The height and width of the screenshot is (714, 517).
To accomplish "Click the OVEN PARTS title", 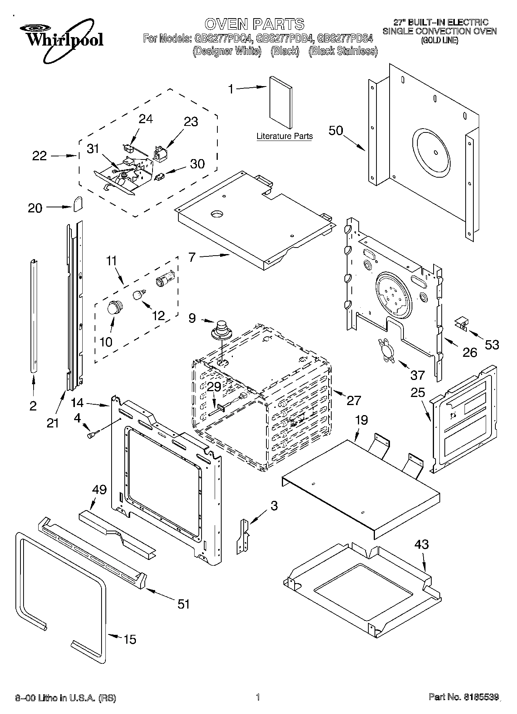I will (x=254, y=24).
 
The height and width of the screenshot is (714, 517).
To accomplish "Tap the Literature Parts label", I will (x=285, y=136).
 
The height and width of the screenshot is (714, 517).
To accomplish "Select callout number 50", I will (x=336, y=131).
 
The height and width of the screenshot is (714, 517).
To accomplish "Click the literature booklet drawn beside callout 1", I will (x=280, y=101).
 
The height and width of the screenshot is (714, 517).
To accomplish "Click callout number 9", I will (x=192, y=318).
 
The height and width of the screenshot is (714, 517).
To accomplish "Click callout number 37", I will (x=418, y=375).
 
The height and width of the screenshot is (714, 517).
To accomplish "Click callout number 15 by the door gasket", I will (x=130, y=639).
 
